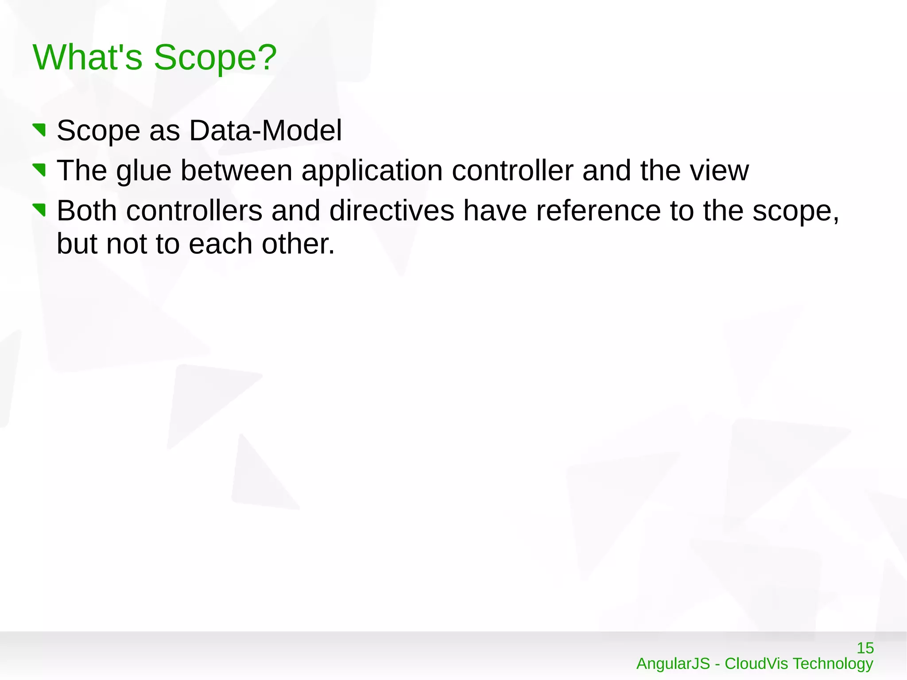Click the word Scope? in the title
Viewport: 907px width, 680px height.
click(215, 58)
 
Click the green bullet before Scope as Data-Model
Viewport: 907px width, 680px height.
click(39, 130)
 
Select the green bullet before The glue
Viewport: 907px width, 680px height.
click(39, 170)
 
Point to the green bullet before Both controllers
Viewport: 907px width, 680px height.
click(39, 210)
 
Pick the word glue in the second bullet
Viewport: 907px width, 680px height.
click(143, 171)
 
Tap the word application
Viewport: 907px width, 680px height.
click(372, 171)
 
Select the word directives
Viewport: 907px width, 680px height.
click(391, 210)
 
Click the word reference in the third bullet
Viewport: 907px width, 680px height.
click(598, 210)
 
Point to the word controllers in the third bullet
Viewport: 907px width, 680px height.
click(194, 210)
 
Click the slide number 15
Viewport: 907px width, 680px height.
click(865, 648)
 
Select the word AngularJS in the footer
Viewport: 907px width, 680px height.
click(673, 664)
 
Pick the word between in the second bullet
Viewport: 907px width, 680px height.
click(236, 171)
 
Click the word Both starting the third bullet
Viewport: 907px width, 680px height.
click(87, 210)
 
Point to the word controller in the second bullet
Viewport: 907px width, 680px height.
click(512, 171)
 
